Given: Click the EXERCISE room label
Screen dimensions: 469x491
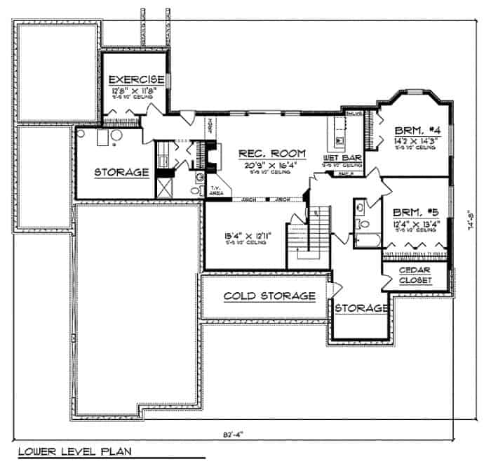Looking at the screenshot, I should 133,79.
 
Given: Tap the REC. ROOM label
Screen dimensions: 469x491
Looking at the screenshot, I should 272,153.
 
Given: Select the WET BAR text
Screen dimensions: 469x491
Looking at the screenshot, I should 342,157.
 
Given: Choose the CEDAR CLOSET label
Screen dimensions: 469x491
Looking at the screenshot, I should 415,275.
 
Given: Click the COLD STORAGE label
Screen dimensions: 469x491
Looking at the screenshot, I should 269,296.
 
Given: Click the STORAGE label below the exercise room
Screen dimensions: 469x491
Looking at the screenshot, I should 121,171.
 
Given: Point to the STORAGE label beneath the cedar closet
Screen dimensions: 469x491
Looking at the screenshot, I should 361,308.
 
